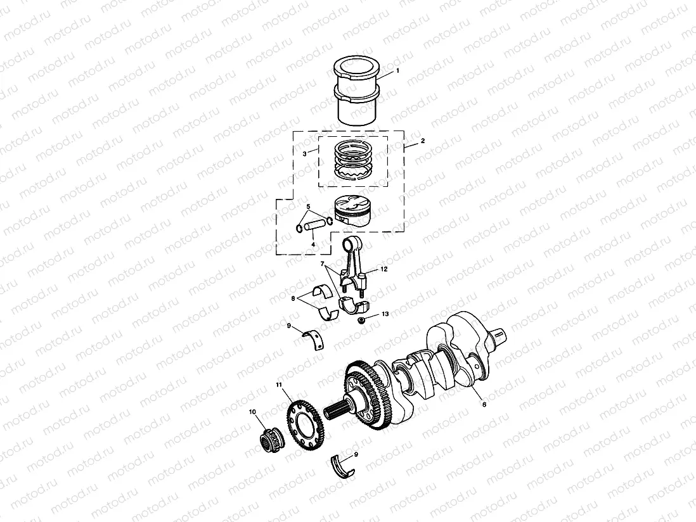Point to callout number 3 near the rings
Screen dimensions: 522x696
pyautogui.click(x=305, y=153)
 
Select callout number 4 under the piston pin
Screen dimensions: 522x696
pyautogui.click(x=312, y=244)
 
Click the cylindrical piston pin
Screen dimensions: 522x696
pyautogui.click(x=314, y=225)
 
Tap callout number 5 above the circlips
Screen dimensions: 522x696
pyautogui.click(x=309, y=207)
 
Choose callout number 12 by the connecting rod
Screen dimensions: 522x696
pyautogui.click(x=384, y=269)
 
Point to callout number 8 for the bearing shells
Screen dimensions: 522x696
pyautogui.click(x=293, y=297)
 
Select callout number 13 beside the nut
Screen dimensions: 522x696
pyautogui.click(x=385, y=314)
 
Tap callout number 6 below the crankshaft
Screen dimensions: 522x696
pyautogui.click(x=484, y=404)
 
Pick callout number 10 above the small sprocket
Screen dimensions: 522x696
pyautogui.click(x=252, y=412)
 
